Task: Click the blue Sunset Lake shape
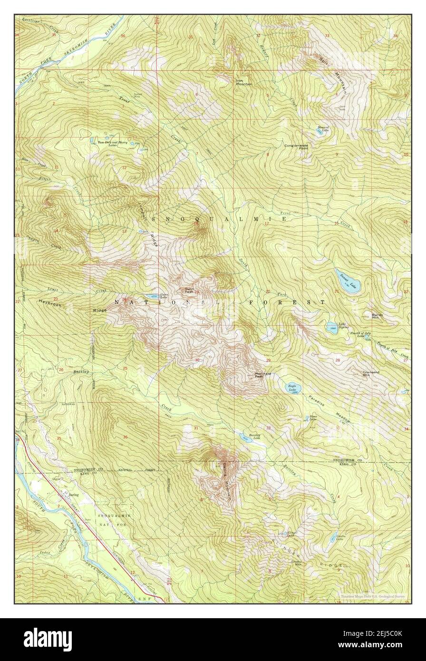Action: coord(348,281)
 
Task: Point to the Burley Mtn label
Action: coord(377,316)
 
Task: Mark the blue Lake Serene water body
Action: coord(332,327)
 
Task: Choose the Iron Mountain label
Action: coord(244,82)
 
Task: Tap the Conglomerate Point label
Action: coord(297,147)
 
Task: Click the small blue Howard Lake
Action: coord(321,130)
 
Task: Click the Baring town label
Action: coord(74,495)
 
